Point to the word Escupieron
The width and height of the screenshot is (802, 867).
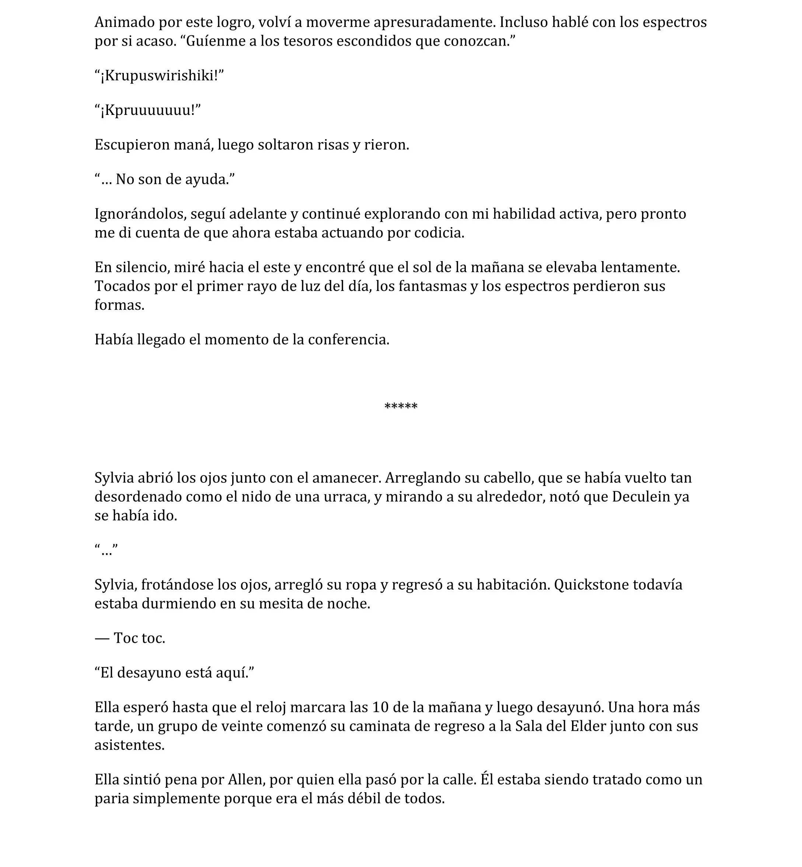tap(132, 145)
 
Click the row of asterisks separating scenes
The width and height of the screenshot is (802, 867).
tap(401, 406)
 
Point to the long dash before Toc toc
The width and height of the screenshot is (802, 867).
tap(102, 638)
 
